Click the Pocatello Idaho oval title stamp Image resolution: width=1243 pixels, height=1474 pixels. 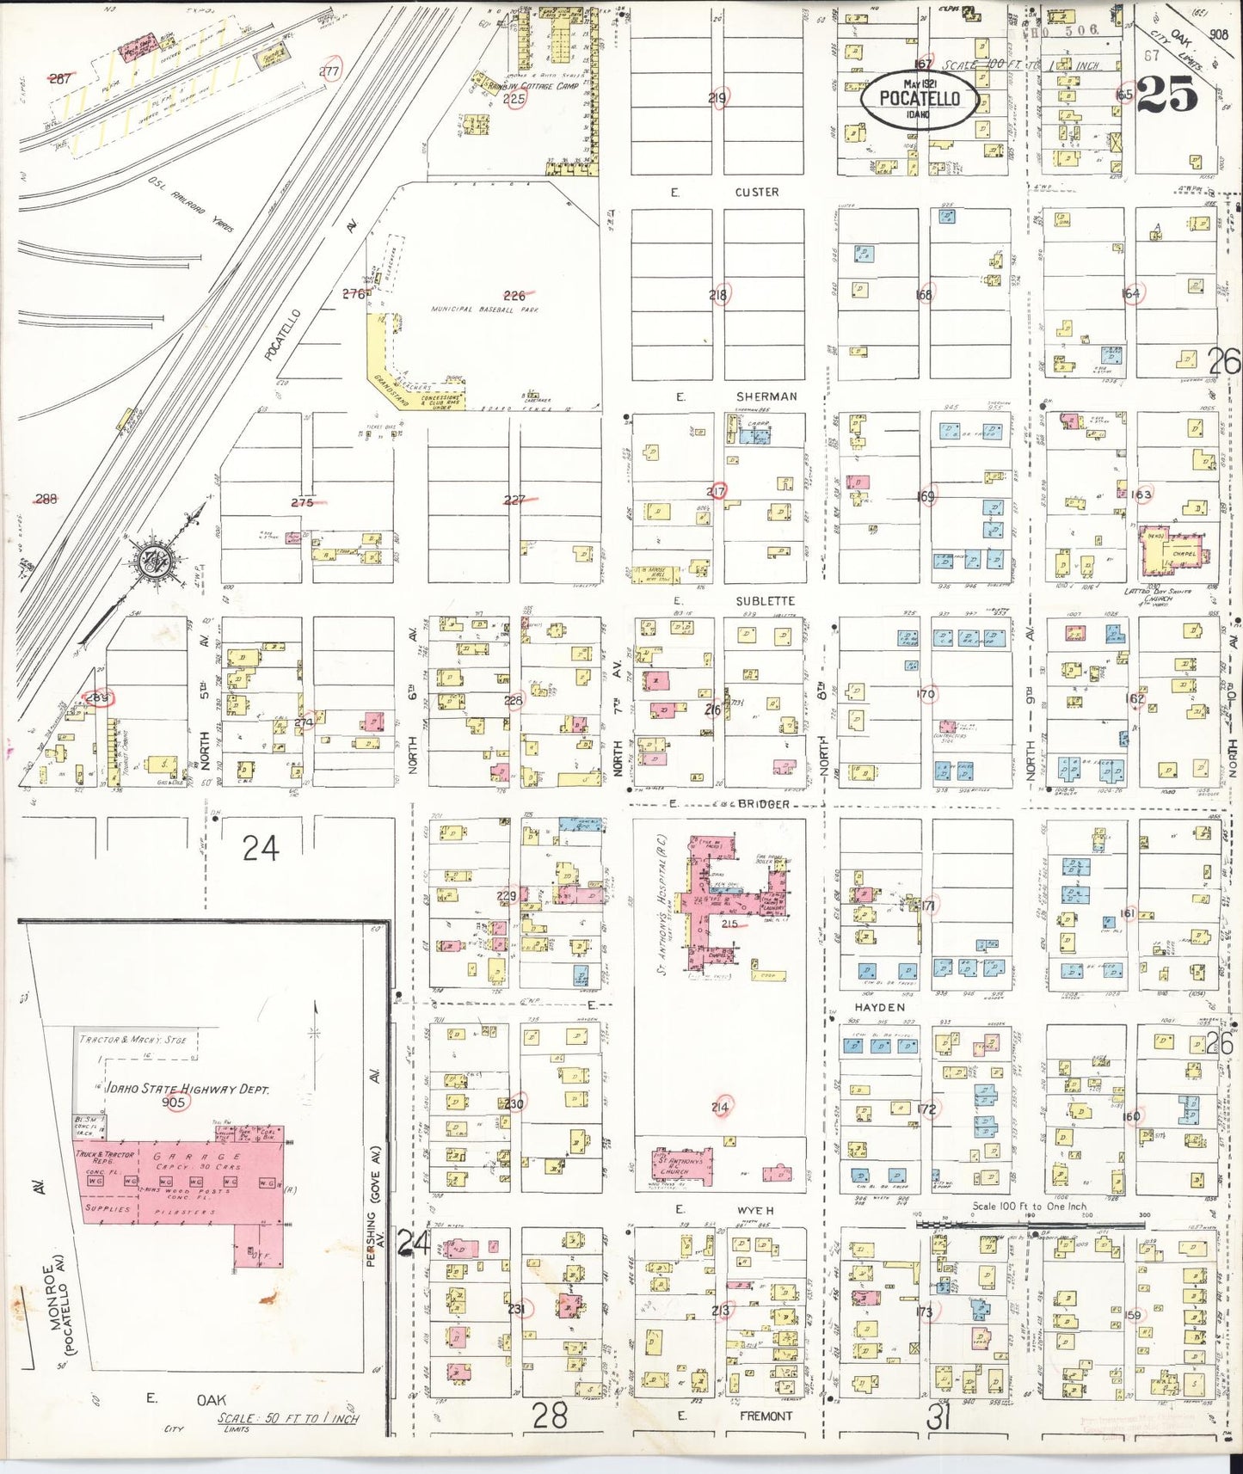pos(919,99)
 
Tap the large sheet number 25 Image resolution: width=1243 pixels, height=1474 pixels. pos(1167,94)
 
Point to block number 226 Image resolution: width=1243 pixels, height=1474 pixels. pos(514,295)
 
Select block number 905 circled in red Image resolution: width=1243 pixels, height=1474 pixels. pos(174,1102)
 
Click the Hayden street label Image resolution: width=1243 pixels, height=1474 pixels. pos(879,1006)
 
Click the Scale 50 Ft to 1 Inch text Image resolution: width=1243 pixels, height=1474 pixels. pos(288,1419)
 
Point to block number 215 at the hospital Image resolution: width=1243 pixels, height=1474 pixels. pos(729,924)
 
